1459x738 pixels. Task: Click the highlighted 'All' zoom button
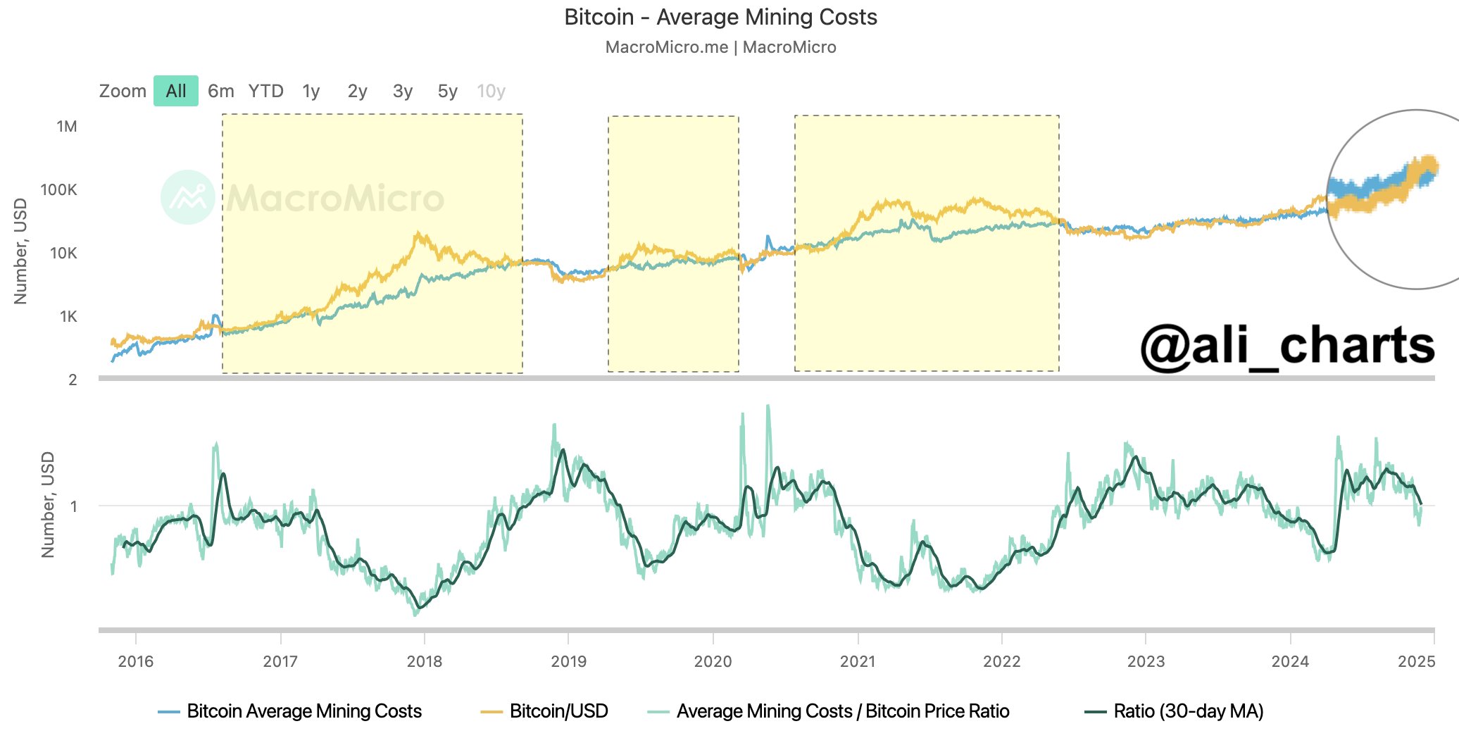coord(176,91)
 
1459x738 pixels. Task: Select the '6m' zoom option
coord(221,91)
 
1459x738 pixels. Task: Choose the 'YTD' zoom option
coord(265,91)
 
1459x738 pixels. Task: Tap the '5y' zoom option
coord(448,91)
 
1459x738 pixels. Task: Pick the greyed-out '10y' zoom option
coord(491,91)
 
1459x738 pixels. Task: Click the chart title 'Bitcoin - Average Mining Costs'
coord(720,17)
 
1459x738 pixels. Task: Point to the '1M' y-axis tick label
coord(67,127)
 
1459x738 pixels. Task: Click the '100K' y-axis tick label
coord(59,189)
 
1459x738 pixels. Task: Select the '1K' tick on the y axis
coord(68,316)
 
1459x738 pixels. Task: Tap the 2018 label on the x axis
coord(425,661)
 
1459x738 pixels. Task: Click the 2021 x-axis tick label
coord(858,661)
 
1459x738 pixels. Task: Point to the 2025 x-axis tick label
coord(1416,661)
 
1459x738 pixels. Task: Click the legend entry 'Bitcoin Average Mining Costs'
coord(303,711)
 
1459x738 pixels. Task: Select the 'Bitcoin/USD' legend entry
coord(558,711)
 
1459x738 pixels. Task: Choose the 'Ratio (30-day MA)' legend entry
coord(1188,711)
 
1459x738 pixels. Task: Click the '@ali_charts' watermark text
coord(1287,346)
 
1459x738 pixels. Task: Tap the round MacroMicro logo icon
coord(187,197)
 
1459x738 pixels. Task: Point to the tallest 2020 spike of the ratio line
coord(768,406)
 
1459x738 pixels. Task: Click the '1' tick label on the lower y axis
coord(74,506)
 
